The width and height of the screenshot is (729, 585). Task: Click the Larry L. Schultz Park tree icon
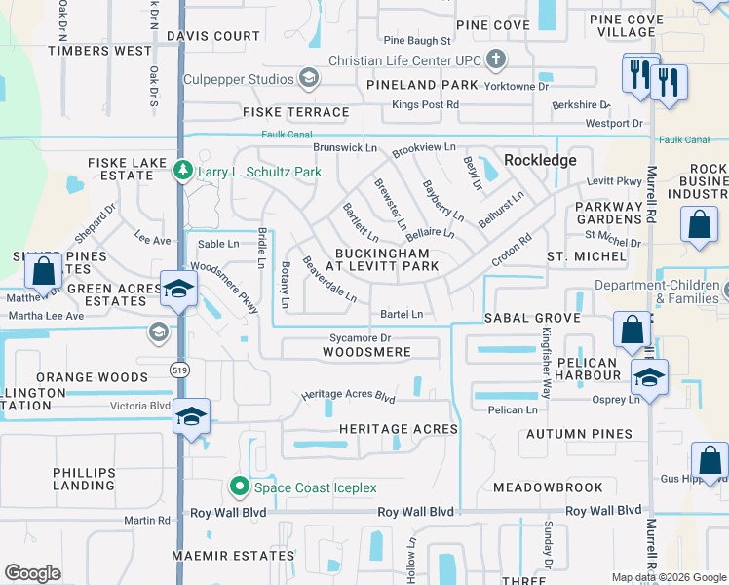[182, 172]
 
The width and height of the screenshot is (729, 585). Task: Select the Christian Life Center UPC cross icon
[496, 59]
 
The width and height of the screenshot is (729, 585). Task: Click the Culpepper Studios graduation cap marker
[309, 77]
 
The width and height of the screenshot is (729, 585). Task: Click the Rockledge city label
[540, 160]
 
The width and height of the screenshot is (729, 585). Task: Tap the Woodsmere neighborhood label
[366, 351]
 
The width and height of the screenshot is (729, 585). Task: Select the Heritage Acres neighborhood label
[398, 429]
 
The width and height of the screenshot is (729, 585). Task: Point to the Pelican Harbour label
[588, 370]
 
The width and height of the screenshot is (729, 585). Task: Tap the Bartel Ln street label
[402, 314]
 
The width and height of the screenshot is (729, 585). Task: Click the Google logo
[32, 573]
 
